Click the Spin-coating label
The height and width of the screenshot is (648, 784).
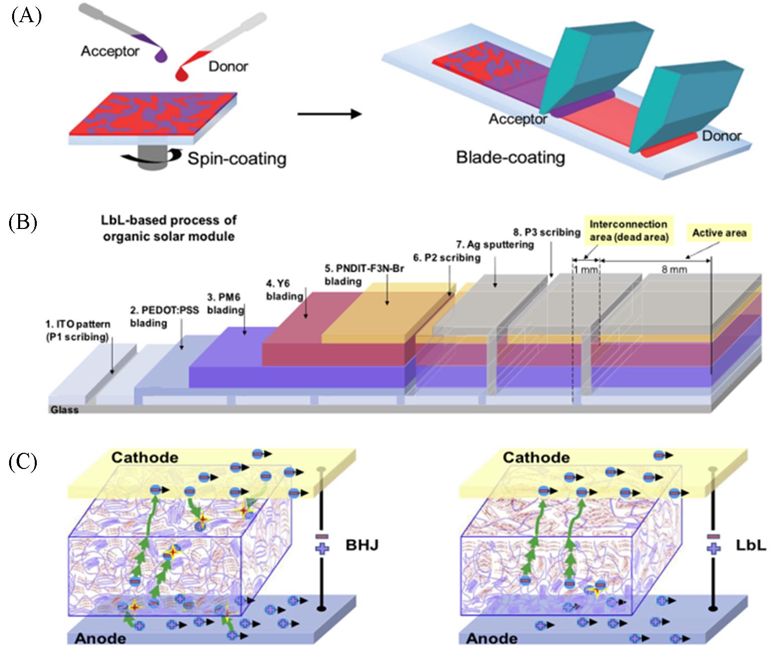coord(237,159)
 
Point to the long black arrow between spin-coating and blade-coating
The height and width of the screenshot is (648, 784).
coord(330,114)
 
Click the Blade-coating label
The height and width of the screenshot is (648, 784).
coord(510,157)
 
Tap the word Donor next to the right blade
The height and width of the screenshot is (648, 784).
coord(722,136)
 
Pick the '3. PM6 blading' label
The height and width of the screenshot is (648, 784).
coord(225,303)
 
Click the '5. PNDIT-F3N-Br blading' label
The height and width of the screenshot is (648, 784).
coord(364,275)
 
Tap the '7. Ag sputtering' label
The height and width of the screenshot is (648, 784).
coord(495,245)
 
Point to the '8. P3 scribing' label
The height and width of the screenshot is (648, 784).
coord(547,232)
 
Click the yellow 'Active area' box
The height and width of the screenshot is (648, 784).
coord(719,233)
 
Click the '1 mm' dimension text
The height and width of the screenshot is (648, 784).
coord(585,269)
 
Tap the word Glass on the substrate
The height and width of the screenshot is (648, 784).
coord(64,409)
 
